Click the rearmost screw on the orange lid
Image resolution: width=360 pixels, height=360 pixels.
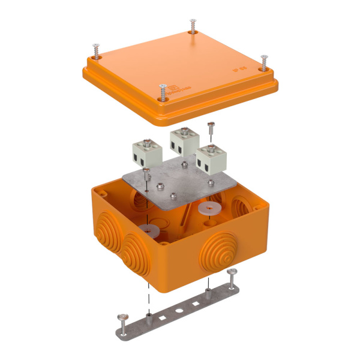click(192, 26)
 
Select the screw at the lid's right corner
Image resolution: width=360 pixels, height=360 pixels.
click(263, 62)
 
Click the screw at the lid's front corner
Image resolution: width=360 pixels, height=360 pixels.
click(161, 92)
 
